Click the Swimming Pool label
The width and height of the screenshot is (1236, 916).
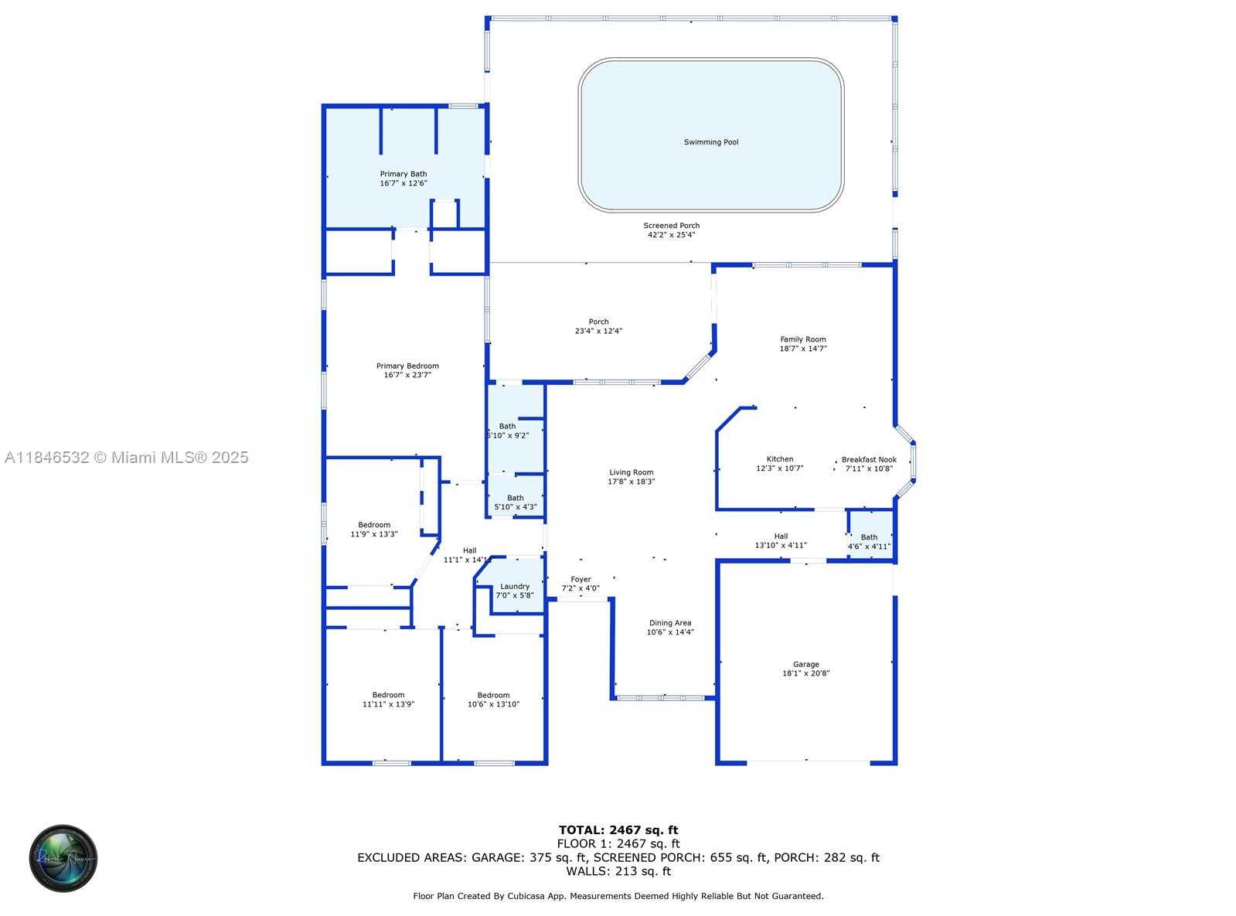coord(710,142)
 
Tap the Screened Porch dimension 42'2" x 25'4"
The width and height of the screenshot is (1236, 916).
coord(671,235)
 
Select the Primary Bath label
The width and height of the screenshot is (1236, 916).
coord(403,174)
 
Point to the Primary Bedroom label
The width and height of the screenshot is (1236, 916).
coord(407,366)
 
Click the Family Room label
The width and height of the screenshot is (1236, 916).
coord(802,339)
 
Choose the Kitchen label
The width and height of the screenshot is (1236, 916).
coord(779,459)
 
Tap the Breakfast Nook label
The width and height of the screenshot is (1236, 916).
coord(869,459)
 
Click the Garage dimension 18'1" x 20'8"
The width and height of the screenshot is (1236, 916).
coord(805,673)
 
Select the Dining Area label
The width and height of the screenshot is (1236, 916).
coord(669,623)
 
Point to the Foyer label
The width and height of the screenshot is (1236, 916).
coord(581,579)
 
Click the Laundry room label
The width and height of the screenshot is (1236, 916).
coord(515,586)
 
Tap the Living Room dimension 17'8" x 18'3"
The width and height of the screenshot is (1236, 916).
coord(631,482)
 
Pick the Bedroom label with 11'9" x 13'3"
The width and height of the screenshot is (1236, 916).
coord(374,525)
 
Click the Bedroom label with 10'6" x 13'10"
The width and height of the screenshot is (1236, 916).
coord(493,695)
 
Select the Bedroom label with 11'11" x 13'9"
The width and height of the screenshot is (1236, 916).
coord(388,695)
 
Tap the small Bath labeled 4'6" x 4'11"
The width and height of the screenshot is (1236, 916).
coord(869,537)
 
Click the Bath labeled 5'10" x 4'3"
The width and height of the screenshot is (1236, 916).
coord(515,498)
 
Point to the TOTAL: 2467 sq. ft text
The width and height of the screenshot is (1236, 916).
coord(618,830)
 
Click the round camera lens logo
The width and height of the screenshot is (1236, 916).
coord(63,858)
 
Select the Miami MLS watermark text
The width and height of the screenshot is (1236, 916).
coord(127,458)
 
